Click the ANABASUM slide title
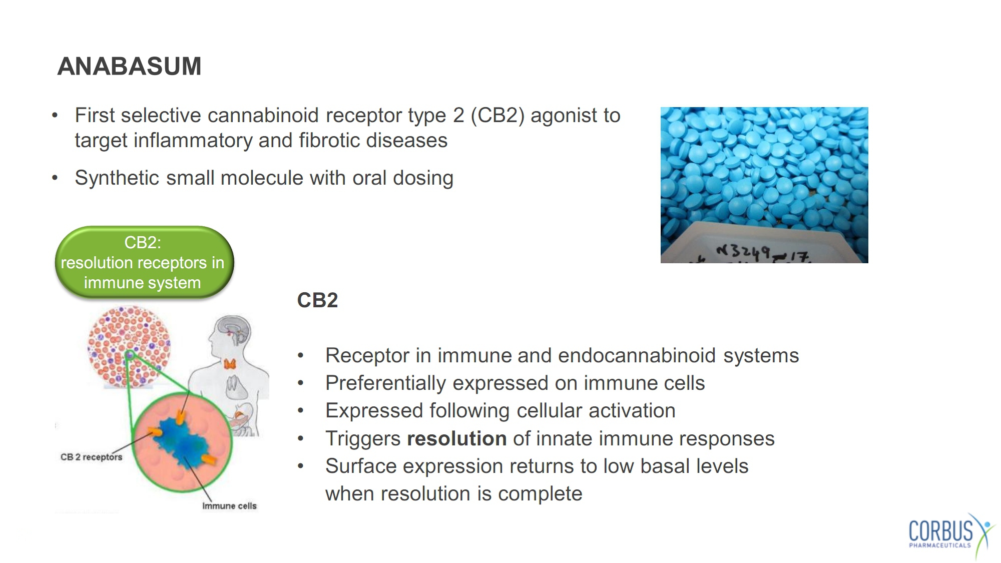click(x=129, y=66)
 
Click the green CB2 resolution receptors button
click(x=144, y=262)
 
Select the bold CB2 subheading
click(x=317, y=300)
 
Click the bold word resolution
click(x=456, y=438)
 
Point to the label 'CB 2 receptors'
click(x=91, y=457)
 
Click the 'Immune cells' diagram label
click(x=229, y=506)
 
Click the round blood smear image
click(x=129, y=347)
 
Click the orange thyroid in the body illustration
click(x=230, y=363)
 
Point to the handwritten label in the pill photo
click(x=763, y=253)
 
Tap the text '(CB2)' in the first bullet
click(x=497, y=116)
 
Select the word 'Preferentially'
click(x=385, y=384)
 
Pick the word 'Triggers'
click(x=363, y=439)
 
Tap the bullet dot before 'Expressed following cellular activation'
click(x=300, y=411)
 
